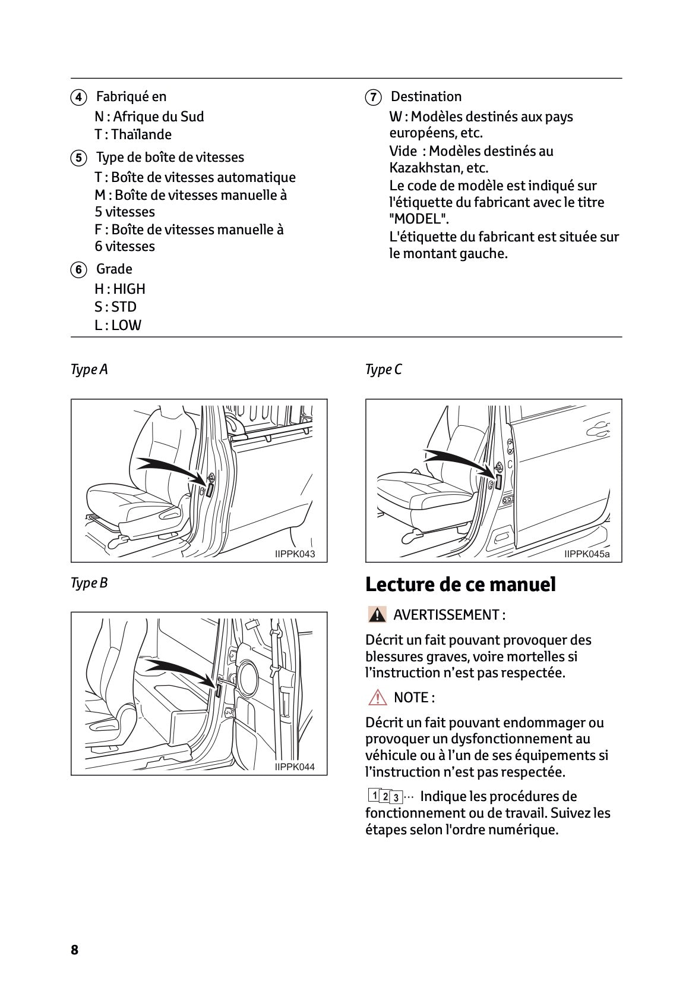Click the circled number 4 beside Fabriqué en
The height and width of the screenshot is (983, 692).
tap(78, 98)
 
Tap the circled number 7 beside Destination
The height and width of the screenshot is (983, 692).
tap(372, 98)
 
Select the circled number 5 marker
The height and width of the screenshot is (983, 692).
tap(78, 158)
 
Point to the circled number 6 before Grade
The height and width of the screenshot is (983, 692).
tap(78, 270)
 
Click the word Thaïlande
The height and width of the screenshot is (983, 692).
tap(141, 135)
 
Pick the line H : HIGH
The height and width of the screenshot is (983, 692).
tap(120, 290)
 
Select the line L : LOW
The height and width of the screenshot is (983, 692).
tap(118, 325)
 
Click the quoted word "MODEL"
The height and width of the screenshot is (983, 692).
tap(419, 219)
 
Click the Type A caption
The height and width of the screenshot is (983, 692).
tap(89, 370)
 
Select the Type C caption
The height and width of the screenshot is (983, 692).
tap(383, 370)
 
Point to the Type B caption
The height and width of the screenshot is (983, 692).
tap(89, 583)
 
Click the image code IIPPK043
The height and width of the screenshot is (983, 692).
tap(295, 554)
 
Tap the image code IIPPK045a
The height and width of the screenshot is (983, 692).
tap(586, 554)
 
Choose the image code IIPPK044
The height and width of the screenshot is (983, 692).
tap(295, 767)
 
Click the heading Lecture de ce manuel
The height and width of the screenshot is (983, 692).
tap(460, 585)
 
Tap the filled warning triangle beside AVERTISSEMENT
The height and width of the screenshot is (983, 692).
tap(377, 615)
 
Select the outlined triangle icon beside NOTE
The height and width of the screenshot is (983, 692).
tap(377, 698)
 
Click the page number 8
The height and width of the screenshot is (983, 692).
tap(74, 950)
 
